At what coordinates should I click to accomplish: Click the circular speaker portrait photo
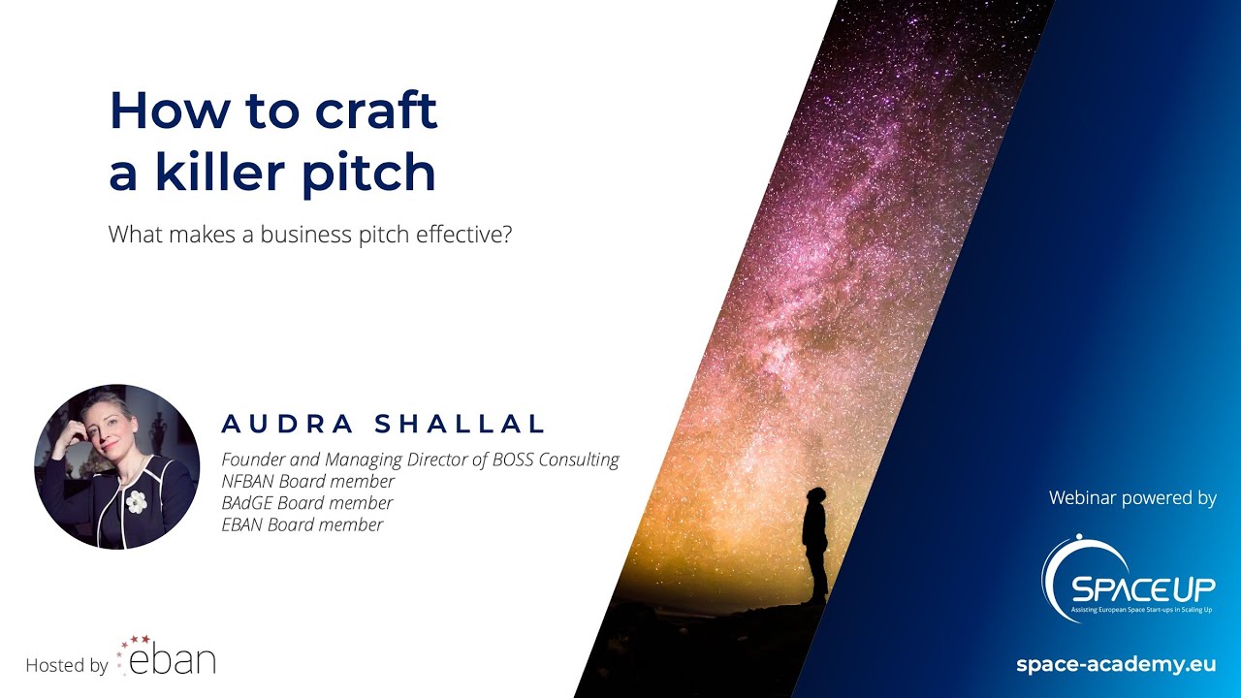[116, 466]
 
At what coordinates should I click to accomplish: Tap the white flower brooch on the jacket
[137, 500]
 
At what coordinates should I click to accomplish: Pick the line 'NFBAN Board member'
[308, 482]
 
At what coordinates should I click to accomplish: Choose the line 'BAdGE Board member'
[307, 503]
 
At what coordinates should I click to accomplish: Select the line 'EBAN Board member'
[302, 524]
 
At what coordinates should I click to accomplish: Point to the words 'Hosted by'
[66, 666]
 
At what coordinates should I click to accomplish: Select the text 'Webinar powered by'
[1132, 498]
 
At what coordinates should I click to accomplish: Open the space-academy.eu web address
[1115, 665]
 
